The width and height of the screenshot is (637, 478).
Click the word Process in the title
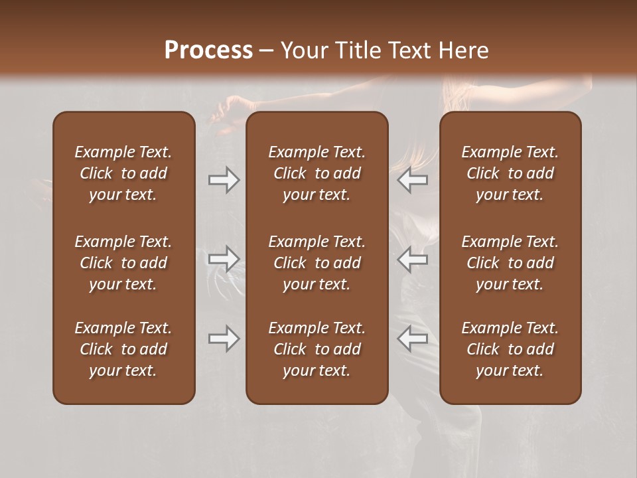[x=208, y=50]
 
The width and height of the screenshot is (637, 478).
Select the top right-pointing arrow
[x=224, y=180]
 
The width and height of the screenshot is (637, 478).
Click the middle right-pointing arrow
[x=224, y=259]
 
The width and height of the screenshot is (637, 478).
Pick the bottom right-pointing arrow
[x=224, y=339]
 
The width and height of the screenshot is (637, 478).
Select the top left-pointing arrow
[x=413, y=180]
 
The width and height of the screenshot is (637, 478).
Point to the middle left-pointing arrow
[x=413, y=259]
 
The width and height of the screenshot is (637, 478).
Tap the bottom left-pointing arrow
[x=413, y=339]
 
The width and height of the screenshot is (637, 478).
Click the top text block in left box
[x=123, y=173]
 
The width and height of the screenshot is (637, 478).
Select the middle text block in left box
[x=123, y=263]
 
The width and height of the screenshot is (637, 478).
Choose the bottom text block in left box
[x=123, y=349]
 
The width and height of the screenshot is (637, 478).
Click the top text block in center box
[x=317, y=173]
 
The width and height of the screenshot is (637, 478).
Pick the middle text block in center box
[x=317, y=263]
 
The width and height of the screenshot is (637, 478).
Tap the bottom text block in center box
[x=317, y=349]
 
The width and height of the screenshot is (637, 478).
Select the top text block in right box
[x=510, y=173]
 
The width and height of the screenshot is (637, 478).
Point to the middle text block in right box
[x=510, y=263]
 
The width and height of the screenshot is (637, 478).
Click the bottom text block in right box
[x=510, y=349]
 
